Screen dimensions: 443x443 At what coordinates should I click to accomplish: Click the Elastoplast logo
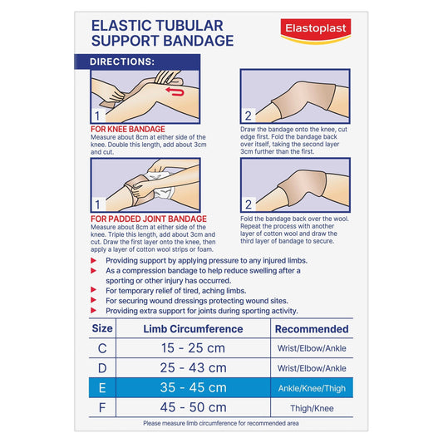316,32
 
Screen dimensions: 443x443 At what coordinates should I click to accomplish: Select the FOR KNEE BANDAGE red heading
128,129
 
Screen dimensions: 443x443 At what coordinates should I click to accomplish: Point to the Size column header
101,329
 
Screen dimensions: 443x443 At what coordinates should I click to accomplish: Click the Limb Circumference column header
193,329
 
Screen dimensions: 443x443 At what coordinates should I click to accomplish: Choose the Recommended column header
311,329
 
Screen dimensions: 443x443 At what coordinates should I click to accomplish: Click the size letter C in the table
101,348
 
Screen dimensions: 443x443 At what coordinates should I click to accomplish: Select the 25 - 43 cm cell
194,368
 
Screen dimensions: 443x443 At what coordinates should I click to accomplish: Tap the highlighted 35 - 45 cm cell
194,387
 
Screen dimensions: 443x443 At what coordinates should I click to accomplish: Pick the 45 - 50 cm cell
194,407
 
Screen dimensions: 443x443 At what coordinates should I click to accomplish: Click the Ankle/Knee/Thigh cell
312,388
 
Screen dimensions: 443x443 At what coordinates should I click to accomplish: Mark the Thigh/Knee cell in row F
312,407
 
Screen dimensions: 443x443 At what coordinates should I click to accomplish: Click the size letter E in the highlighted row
101,387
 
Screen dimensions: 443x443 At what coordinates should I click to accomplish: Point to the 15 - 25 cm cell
194,348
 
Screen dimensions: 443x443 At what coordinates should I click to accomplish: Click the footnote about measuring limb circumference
220,424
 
